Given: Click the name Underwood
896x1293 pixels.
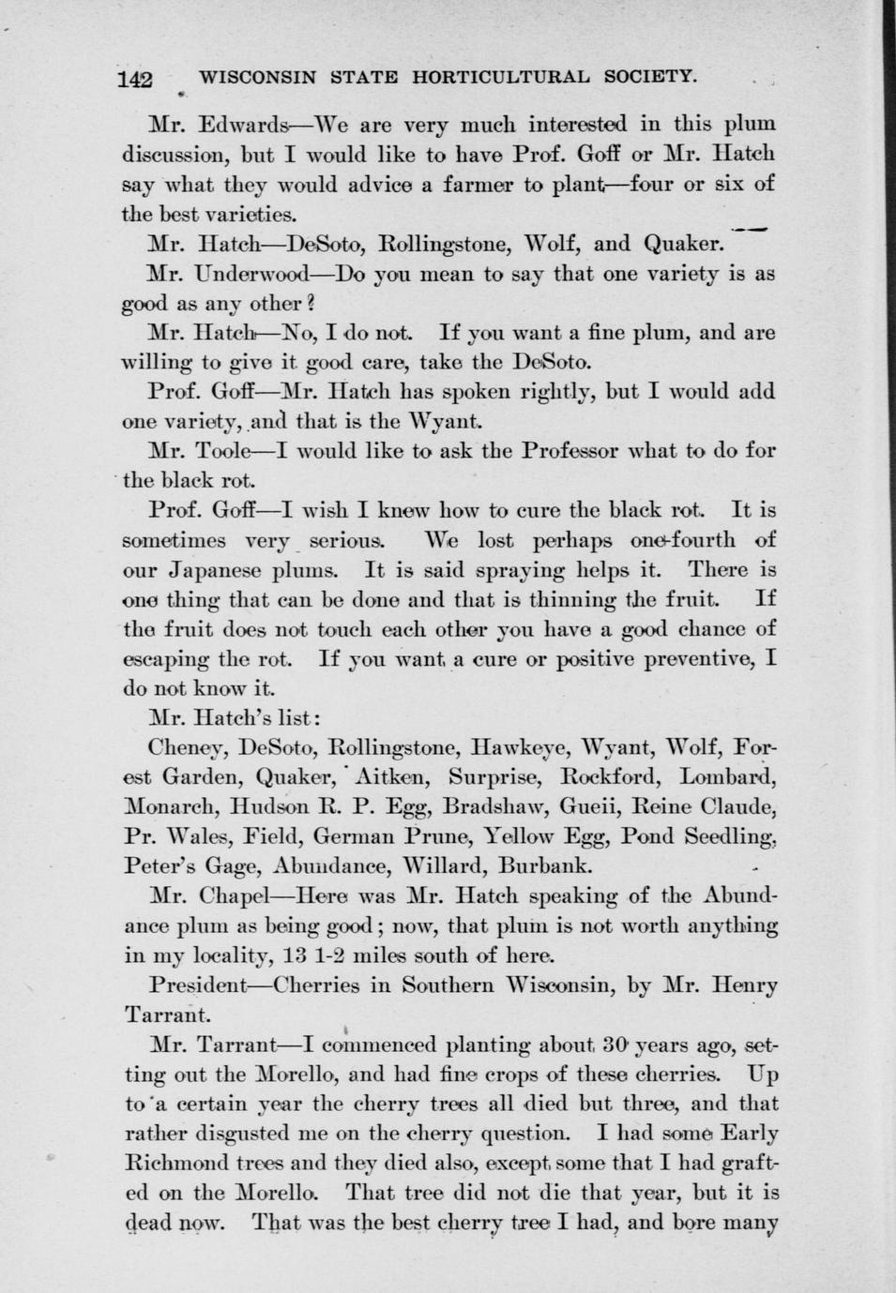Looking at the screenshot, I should tap(251, 275).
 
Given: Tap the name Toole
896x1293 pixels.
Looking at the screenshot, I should tap(222, 451).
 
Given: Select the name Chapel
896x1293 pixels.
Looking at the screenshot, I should tap(233, 895).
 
